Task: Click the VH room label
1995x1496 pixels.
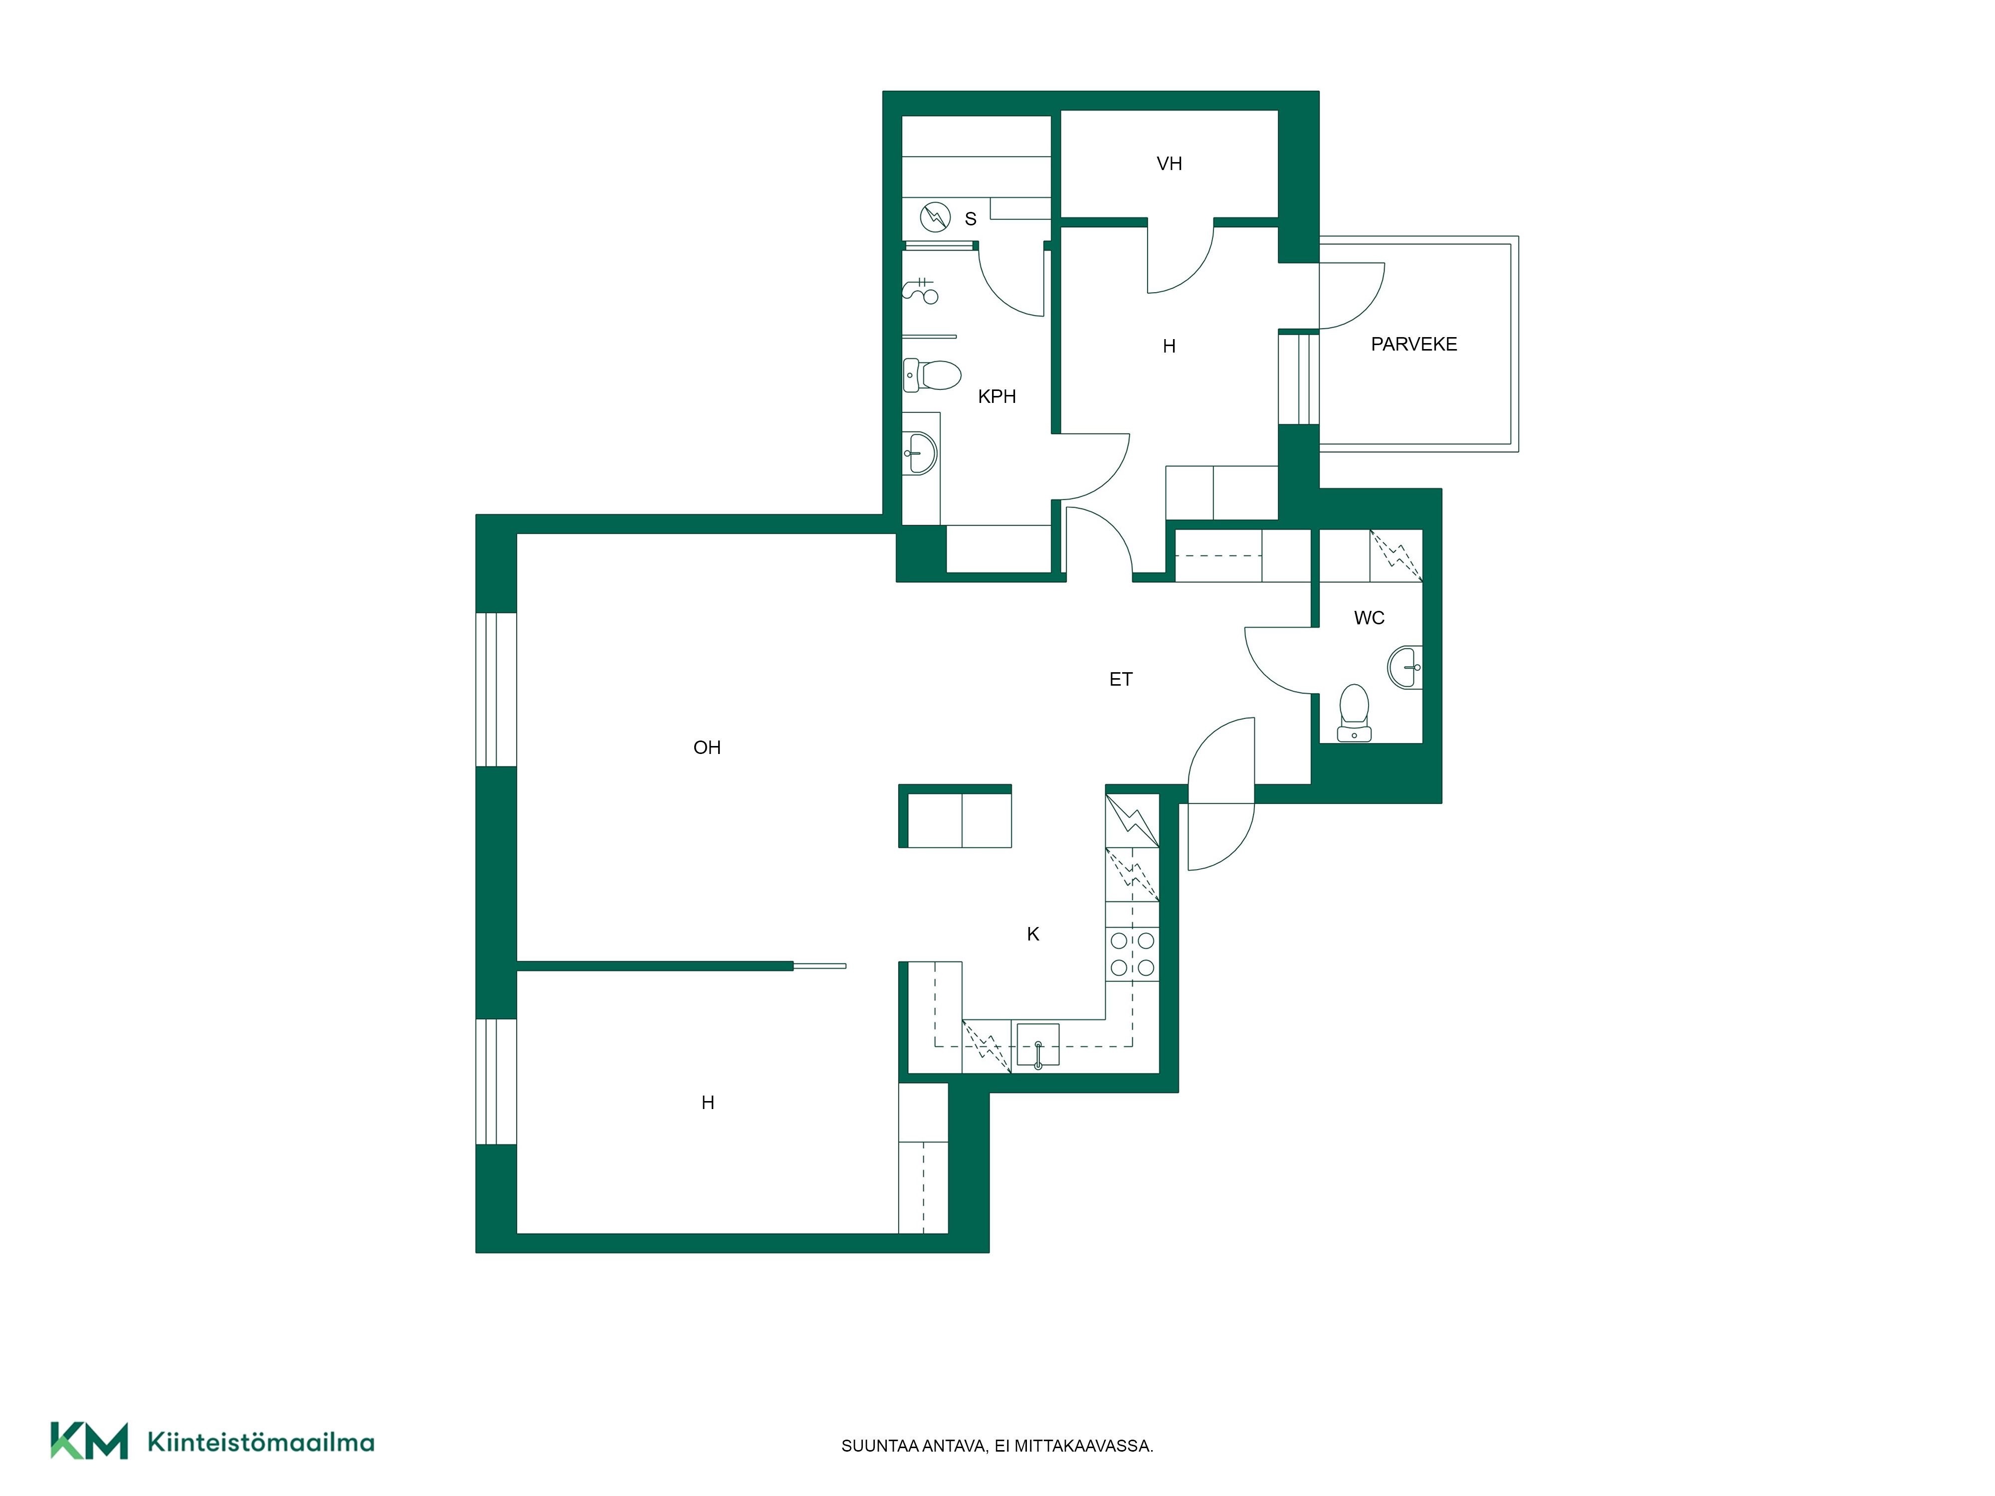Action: pyautogui.click(x=1169, y=163)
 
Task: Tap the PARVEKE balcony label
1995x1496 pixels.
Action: pyautogui.click(x=1413, y=344)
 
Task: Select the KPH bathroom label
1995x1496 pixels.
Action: pyautogui.click(x=997, y=396)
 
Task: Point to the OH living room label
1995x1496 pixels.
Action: pyautogui.click(x=707, y=747)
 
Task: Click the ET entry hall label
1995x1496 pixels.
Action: pyautogui.click(x=1120, y=679)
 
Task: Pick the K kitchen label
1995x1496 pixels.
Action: pyautogui.click(x=1033, y=934)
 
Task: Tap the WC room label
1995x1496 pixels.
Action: pyautogui.click(x=1369, y=618)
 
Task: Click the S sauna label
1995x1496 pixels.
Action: pyautogui.click(x=971, y=218)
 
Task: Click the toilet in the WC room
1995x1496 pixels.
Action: pyautogui.click(x=1354, y=713)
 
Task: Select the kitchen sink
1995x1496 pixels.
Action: pyautogui.click(x=1037, y=1044)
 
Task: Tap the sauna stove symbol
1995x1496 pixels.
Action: pyautogui.click(x=935, y=217)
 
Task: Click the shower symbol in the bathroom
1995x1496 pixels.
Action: pyautogui.click(x=921, y=290)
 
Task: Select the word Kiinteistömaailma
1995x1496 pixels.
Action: pyautogui.click(x=261, y=1442)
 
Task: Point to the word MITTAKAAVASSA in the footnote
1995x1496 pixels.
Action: pyautogui.click(x=1083, y=1446)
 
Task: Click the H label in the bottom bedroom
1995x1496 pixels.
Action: pyautogui.click(x=708, y=1102)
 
